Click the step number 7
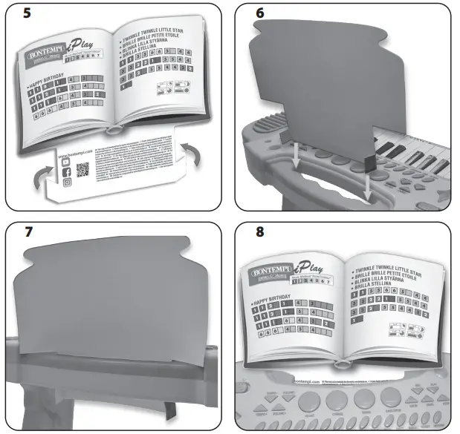pos(27,231)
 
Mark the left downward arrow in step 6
pos(295,152)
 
